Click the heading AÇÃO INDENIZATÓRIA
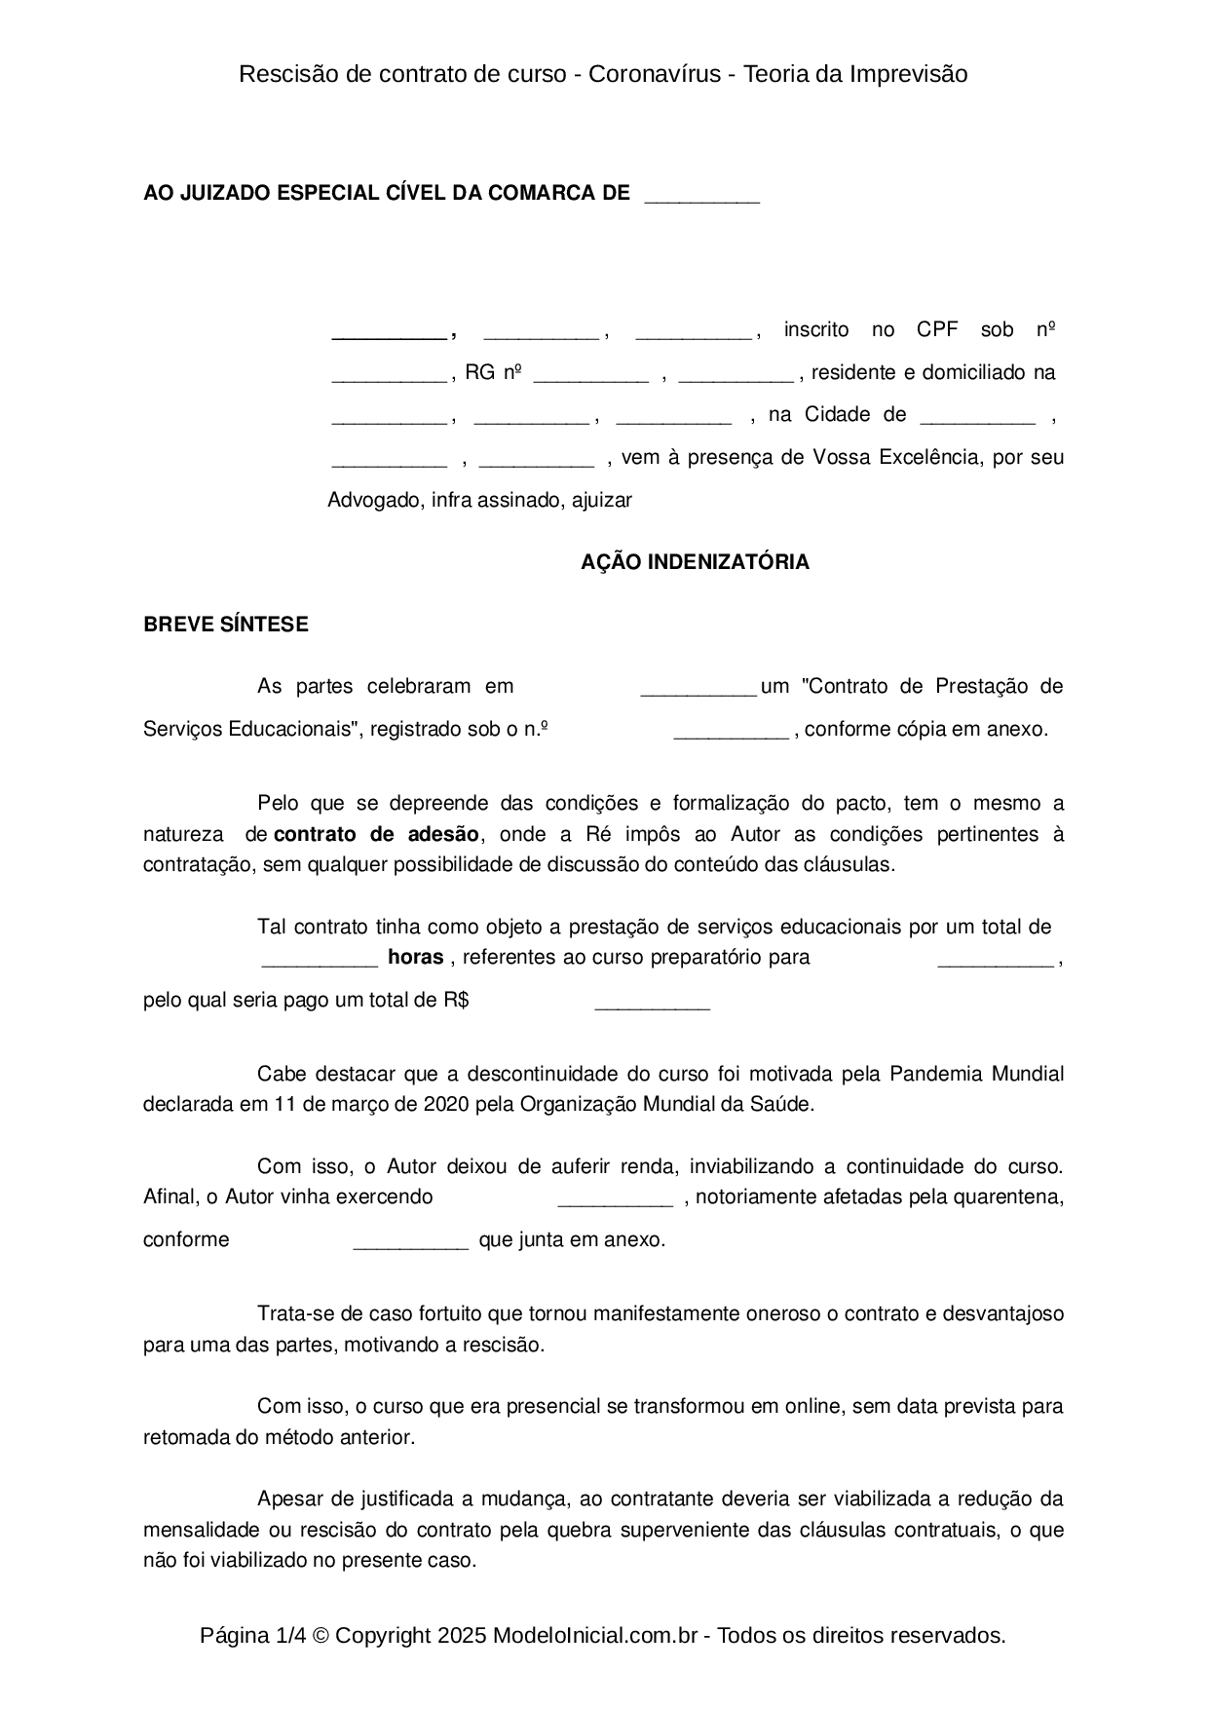(x=695, y=562)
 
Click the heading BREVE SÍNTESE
(x=226, y=625)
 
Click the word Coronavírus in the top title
(x=655, y=74)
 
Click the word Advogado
(x=374, y=500)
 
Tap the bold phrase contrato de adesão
(x=377, y=834)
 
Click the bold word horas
(x=416, y=957)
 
